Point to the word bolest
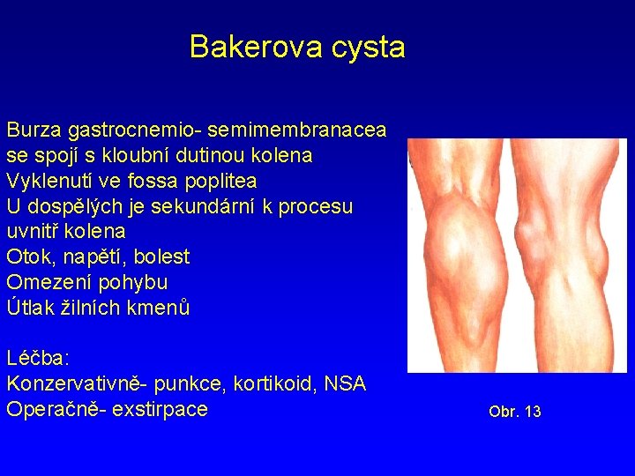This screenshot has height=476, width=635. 161,257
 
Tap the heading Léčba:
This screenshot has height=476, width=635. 38,359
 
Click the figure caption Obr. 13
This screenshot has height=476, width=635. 514,412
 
